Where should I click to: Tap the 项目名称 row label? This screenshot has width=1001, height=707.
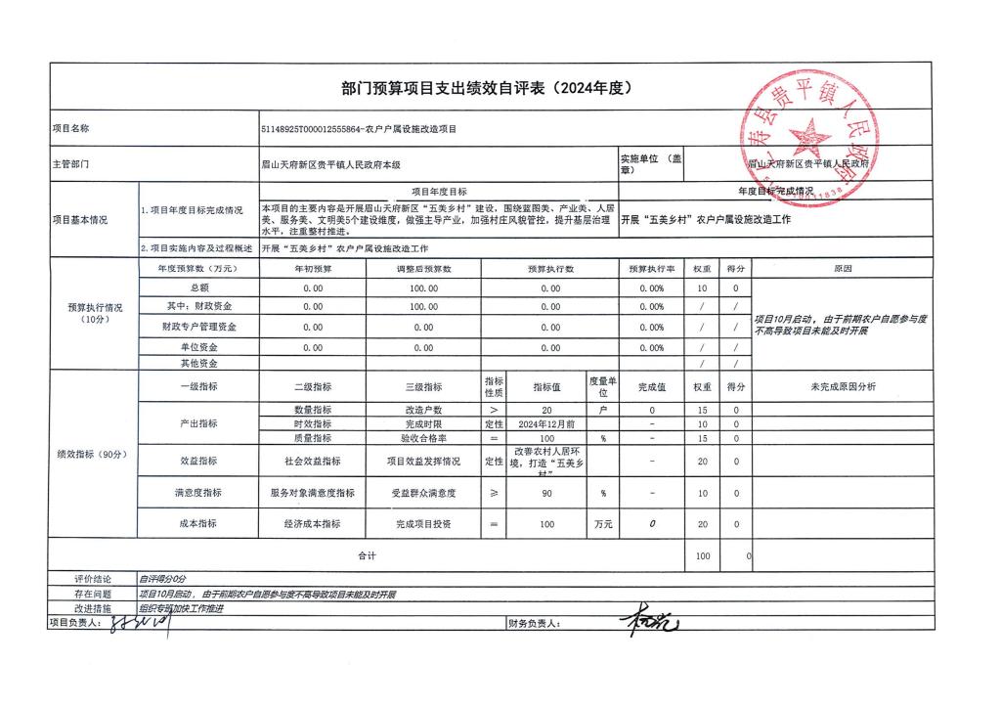tap(70, 128)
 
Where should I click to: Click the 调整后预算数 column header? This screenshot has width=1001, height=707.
tap(423, 268)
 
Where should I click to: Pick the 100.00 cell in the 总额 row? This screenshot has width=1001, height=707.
tap(423, 288)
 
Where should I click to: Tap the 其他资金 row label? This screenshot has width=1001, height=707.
tap(200, 363)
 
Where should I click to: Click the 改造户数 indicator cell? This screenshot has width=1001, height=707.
tap(423, 410)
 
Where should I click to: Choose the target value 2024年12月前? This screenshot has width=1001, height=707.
tap(546, 424)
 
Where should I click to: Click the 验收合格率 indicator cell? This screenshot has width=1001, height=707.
tap(423, 439)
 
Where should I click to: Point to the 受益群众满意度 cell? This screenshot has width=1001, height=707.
tap(423, 493)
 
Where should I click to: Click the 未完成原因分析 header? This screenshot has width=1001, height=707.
tap(843, 386)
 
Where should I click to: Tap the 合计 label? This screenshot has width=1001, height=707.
tap(367, 555)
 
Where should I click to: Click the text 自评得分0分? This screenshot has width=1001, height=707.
tap(162, 579)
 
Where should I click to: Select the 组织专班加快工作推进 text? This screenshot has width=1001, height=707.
tap(182, 607)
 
